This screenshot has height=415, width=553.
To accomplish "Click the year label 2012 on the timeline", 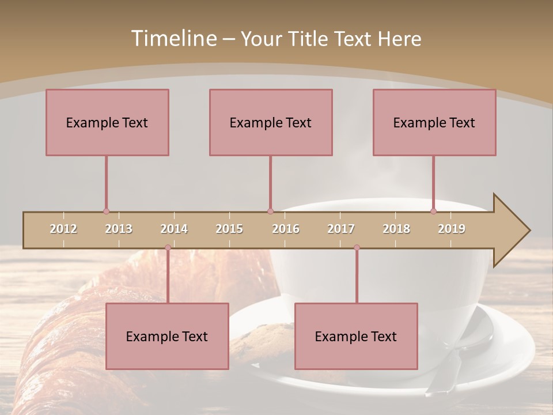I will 63,229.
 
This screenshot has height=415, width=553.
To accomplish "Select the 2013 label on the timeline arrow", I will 119,229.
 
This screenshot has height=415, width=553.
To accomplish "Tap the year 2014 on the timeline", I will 174,229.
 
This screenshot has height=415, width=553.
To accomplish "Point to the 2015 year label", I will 229,229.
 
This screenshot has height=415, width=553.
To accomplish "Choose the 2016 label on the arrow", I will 286,229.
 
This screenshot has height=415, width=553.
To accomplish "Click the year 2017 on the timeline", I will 341,229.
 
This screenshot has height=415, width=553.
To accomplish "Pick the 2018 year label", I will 396,229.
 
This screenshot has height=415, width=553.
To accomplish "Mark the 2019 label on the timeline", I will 452,229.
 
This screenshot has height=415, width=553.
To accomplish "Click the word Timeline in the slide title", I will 173,39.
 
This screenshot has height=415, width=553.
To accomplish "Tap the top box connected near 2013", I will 107,122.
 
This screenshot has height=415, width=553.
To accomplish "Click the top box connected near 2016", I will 271,122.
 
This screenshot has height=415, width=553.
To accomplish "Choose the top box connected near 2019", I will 434,122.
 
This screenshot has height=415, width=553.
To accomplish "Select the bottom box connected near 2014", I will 167,336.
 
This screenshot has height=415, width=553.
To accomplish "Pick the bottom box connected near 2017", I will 356,336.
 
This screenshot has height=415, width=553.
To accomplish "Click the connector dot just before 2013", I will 106,212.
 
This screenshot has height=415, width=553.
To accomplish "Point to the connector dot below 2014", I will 168,248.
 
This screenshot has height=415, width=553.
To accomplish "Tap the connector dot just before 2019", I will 433,212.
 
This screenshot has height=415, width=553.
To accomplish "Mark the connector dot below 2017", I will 357,248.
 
